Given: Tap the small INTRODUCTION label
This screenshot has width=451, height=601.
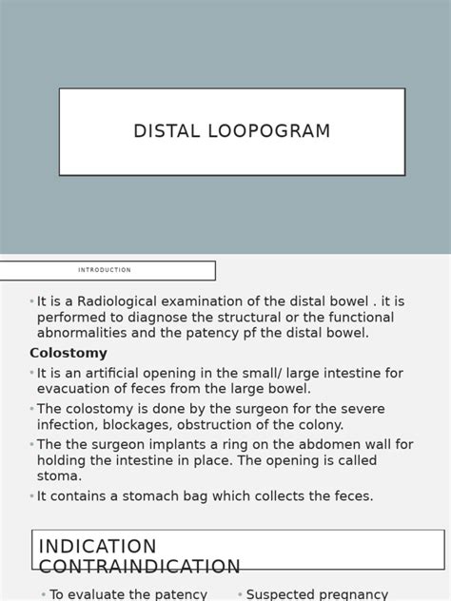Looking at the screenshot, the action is point(105,270).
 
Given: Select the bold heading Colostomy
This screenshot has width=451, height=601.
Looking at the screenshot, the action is point(69,353).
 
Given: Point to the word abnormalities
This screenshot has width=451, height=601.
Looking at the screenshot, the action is point(81,333).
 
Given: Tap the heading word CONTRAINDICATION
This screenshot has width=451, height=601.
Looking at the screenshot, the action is point(140,567).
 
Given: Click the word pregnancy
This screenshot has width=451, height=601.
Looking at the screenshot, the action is point(351,594).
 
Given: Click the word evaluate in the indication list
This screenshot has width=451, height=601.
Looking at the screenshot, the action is point(102,594).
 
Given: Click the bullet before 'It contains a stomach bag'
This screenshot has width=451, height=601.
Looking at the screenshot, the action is point(31,496).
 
